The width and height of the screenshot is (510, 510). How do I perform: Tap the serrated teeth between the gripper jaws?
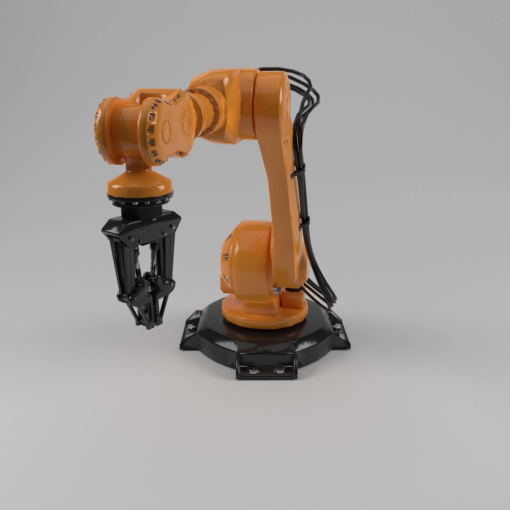click(x=155, y=314)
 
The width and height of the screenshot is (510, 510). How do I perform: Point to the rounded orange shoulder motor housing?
click(x=246, y=259)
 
